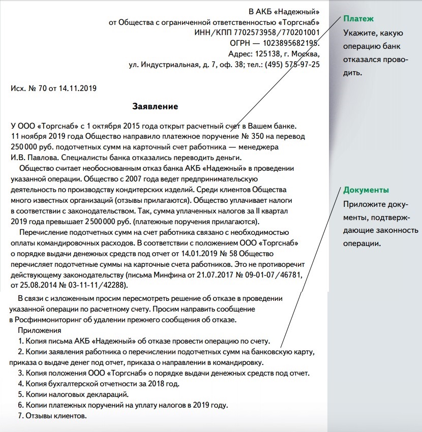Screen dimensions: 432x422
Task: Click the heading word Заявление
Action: click(x=155, y=107)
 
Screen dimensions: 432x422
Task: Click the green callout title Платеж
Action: click(x=358, y=19)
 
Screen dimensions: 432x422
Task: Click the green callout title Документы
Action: click(x=366, y=190)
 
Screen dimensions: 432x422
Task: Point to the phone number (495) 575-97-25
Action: click(x=290, y=65)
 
